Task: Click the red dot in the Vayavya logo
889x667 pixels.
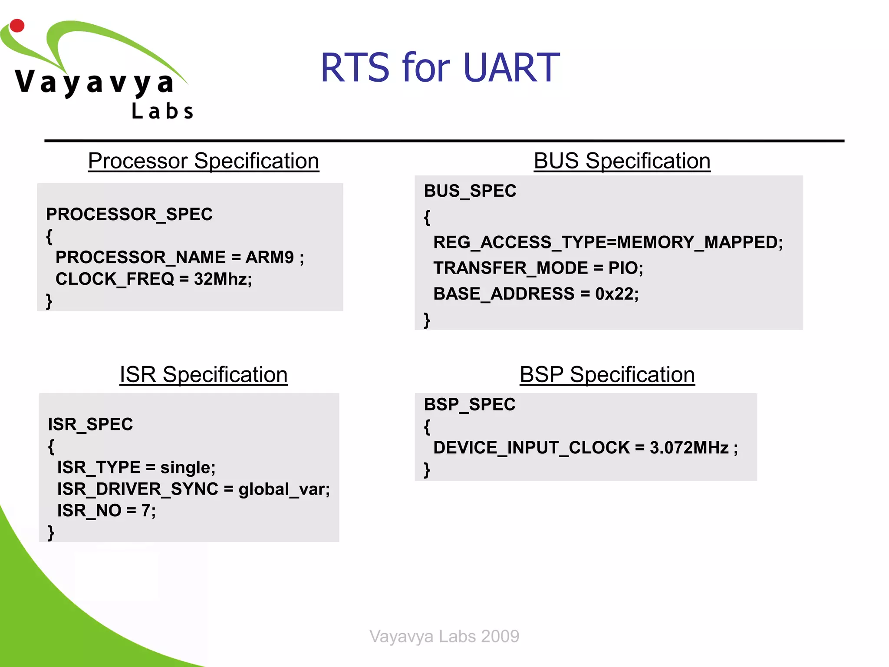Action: (x=17, y=26)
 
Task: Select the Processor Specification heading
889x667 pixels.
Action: (x=204, y=161)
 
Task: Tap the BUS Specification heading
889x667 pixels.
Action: (x=622, y=161)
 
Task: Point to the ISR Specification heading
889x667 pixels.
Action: (x=204, y=375)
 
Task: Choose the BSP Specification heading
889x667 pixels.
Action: (x=607, y=375)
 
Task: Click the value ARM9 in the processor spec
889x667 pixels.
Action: (x=269, y=258)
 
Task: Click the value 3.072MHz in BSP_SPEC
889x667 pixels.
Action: (x=689, y=448)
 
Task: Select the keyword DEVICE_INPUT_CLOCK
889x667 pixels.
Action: (x=531, y=448)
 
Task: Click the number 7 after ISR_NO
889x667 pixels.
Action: (x=146, y=511)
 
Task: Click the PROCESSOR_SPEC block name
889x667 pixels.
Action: (x=129, y=215)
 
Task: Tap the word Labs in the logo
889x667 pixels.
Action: (x=162, y=111)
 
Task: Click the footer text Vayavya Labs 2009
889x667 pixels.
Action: (x=444, y=636)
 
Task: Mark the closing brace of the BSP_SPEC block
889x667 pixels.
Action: (x=427, y=470)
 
